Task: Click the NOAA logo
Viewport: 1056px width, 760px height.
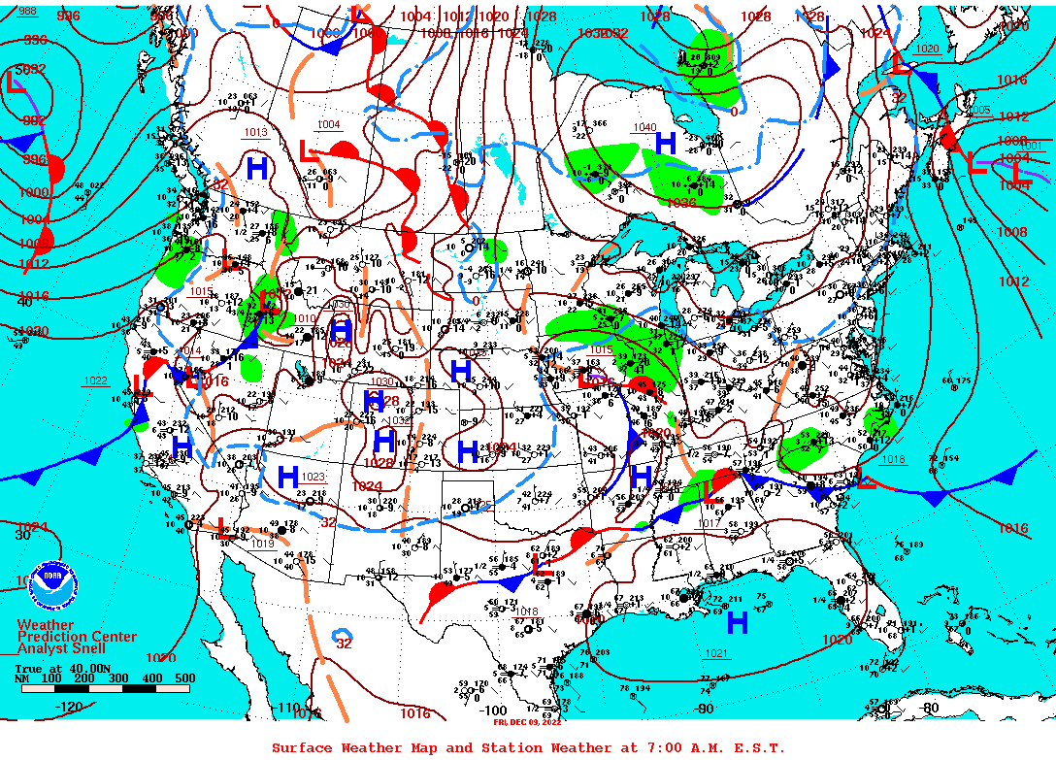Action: click(51, 585)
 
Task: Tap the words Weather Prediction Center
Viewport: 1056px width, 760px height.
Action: click(77, 631)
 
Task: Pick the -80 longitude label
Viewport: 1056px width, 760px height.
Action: click(929, 708)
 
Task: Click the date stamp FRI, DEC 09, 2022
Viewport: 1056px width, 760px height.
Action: click(527, 721)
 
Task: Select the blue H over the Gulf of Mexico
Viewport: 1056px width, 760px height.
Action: click(737, 622)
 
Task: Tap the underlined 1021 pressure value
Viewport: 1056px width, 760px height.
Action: click(716, 653)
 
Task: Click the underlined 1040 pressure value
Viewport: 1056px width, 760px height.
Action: click(644, 128)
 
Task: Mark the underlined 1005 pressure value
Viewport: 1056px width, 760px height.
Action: click(979, 111)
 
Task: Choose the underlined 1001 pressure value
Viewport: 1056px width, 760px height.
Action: click(1030, 146)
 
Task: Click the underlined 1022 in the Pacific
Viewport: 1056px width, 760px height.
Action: click(95, 380)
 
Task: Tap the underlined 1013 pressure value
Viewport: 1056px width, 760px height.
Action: click(255, 132)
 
